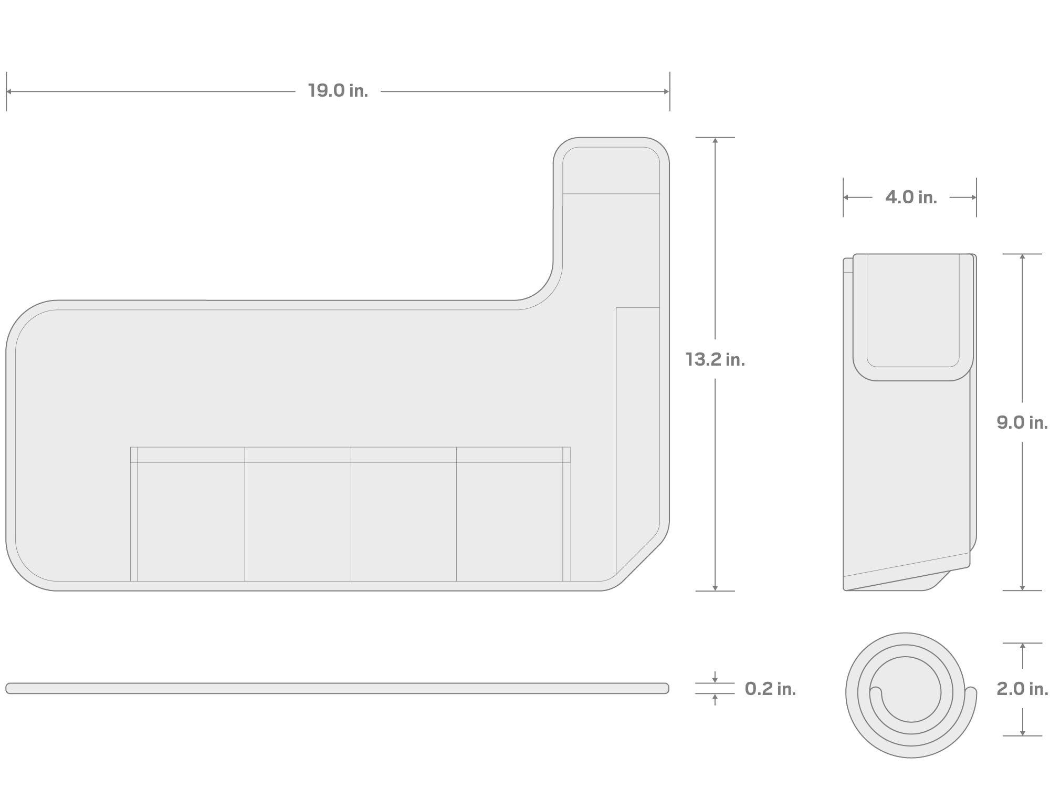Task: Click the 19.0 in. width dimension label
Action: [x=338, y=91]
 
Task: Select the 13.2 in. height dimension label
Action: [x=715, y=359]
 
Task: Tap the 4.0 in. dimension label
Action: [x=911, y=198]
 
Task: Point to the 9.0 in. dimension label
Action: [x=1022, y=422]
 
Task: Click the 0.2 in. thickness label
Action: [x=770, y=689]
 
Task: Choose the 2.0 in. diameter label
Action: [x=1022, y=689]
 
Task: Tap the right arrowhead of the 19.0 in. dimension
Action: [x=666, y=91]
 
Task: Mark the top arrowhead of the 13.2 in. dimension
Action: [x=715, y=141]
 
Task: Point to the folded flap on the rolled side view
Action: [x=913, y=315]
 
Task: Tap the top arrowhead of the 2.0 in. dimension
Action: [x=1022, y=647]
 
